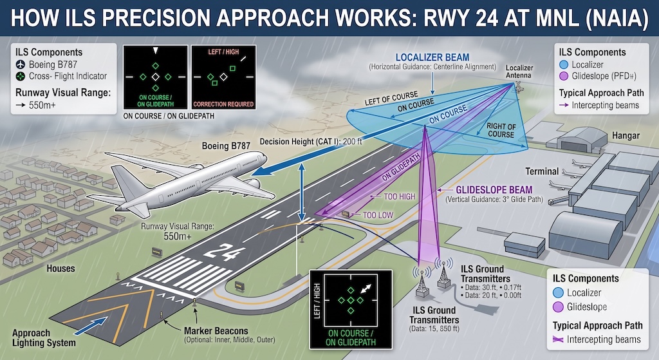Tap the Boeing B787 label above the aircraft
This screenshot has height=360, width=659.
pos(226,146)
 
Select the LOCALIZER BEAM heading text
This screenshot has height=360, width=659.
pos(432,57)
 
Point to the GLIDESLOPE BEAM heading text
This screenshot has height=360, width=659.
pos(494,190)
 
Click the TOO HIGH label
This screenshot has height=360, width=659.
pos(399,196)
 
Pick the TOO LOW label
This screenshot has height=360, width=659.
pos(378,215)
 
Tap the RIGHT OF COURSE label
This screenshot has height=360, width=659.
pos(501,130)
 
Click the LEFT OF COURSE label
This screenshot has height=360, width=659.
pos(391,99)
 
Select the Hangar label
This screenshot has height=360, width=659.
pos(626,135)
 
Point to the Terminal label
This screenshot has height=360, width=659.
pos(542,171)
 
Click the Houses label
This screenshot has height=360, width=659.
pos(60,269)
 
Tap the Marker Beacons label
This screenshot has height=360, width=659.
pos(216,330)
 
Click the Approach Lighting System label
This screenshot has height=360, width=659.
pos(44,337)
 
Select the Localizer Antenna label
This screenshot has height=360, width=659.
pos(519,71)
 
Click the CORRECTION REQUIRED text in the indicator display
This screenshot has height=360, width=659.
pos(223,104)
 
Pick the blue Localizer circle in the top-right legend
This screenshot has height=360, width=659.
pos(564,64)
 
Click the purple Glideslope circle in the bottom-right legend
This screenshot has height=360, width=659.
pos(558,307)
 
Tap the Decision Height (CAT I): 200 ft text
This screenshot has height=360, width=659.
pos(311,141)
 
